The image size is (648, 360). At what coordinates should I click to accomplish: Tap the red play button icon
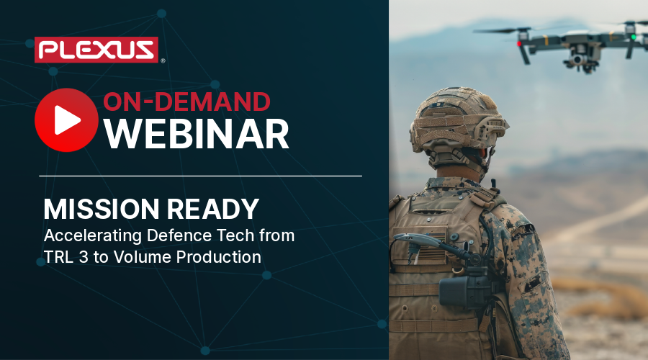[66, 120]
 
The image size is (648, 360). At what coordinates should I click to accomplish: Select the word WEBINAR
[197, 134]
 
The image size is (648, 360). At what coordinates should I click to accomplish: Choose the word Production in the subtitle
[224, 257]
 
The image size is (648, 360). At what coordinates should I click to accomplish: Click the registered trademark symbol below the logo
[163, 61]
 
